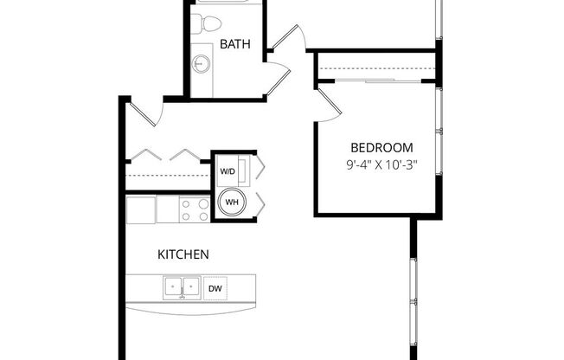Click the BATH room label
(x=235, y=43)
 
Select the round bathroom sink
(x=201, y=63)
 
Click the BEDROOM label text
(x=381, y=147)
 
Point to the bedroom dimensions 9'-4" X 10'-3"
(x=381, y=164)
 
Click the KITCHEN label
(x=183, y=254)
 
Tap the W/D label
(x=228, y=171)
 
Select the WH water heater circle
(x=232, y=202)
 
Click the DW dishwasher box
(x=215, y=286)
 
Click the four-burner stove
(x=194, y=209)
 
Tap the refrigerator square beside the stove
(x=141, y=209)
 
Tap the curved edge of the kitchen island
(x=190, y=309)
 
